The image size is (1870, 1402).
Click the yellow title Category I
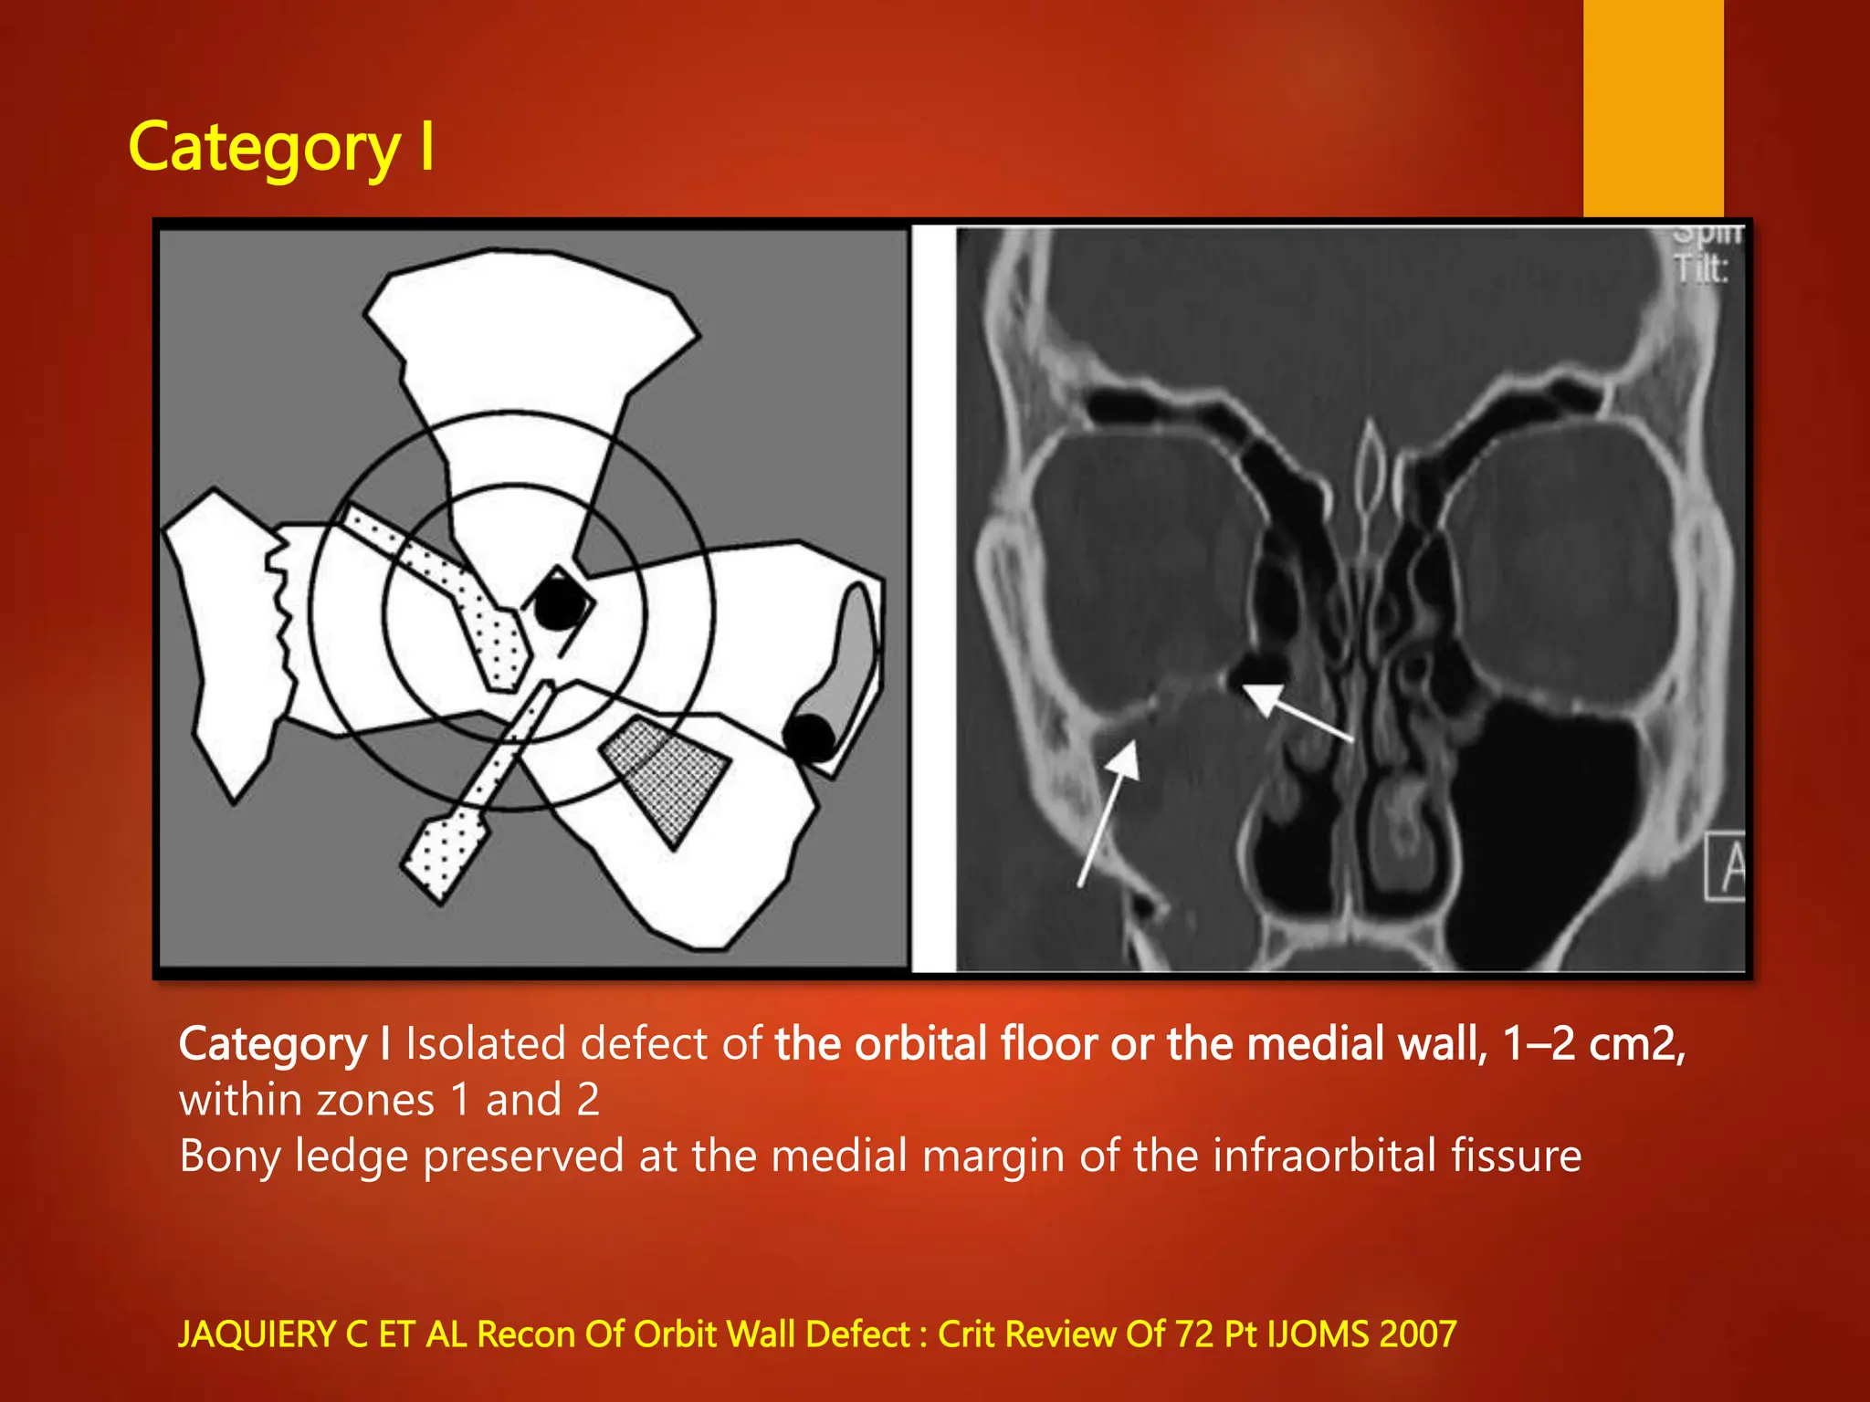click(x=281, y=148)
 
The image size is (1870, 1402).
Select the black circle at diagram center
click(x=558, y=602)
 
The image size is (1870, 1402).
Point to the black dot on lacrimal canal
click(x=810, y=738)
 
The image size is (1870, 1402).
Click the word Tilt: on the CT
click(x=1700, y=269)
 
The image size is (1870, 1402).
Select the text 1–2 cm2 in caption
click(x=1592, y=1043)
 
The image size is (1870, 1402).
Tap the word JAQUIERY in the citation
click(x=257, y=1334)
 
